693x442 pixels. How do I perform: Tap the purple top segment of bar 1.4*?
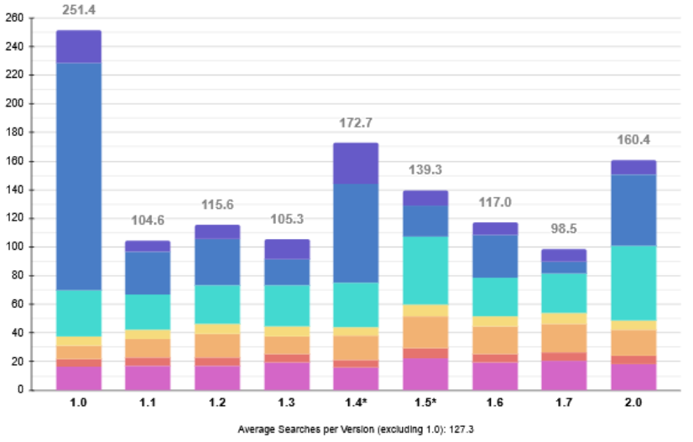[x=356, y=163]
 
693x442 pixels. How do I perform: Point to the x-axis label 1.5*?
[x=425, y=403]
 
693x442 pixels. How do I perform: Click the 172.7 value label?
[x=356, y=122]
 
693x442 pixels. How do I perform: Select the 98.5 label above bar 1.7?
[x=564, y=229]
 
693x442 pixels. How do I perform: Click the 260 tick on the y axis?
[x=14, y=18]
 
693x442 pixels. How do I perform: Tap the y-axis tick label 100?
[x=14, y=247]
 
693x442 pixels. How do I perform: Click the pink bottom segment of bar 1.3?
[x=286, y=376]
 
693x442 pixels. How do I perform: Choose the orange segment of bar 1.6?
[x=495, y=340]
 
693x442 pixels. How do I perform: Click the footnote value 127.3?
[x=461, y=429]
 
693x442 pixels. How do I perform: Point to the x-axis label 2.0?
[x=633, y=403]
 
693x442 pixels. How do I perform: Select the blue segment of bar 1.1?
[x=148, y=273]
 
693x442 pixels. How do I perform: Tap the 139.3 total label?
[x=425, y=169]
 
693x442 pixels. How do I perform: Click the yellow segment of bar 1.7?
[x=564, y=318]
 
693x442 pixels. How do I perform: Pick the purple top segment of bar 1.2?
[x=217, y=231]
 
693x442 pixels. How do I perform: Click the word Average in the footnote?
[x=255, y=429]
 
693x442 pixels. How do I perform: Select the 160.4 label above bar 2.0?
[x=633, y=140]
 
